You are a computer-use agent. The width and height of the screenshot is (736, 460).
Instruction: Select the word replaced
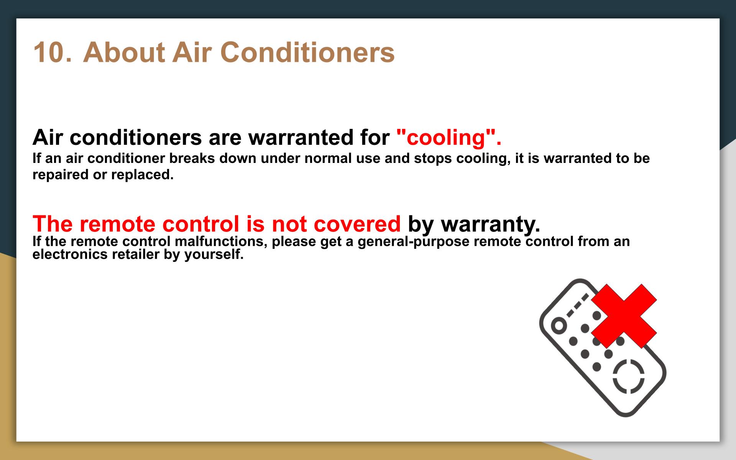click(x=143, y=175)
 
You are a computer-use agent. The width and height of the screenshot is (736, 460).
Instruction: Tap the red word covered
click(x=357, y=224)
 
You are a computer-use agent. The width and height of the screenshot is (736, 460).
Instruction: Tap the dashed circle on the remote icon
click(x=629, y=376)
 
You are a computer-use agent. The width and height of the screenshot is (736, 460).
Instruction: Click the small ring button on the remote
click(x=559, y=326)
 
